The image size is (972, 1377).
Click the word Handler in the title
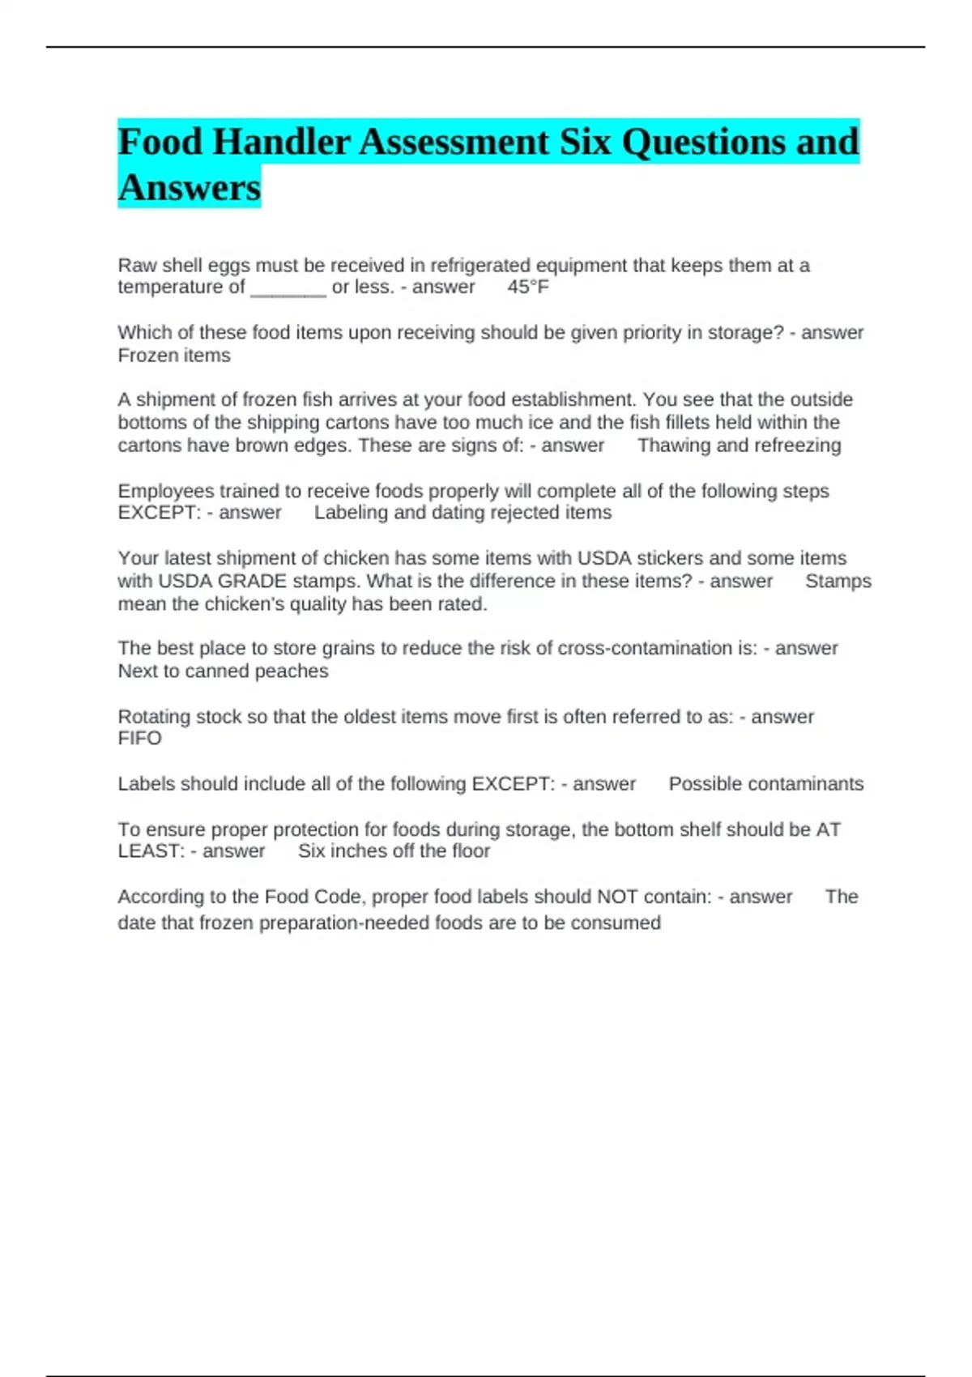pos(281,143)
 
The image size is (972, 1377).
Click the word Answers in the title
pos(190,188)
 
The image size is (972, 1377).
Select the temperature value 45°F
pos(528,287)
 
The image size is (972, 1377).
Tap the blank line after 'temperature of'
pos(288,288)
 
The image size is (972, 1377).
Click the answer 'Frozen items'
pos(174,356)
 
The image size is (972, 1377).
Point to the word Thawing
pos(674,446)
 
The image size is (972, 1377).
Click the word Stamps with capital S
pos(838,582)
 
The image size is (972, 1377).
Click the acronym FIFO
pos(139,739)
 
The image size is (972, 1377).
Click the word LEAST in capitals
pos(151,851)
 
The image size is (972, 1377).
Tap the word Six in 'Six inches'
pos(312,851)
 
